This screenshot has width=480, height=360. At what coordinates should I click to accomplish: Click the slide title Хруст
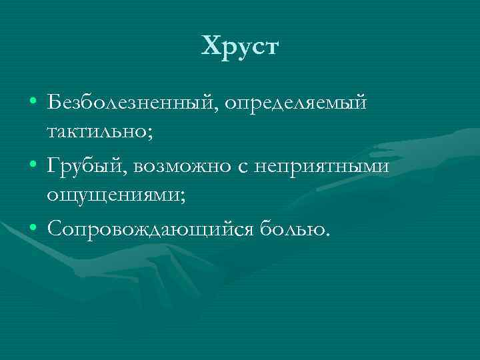pyautogui.click(x=240, y=47)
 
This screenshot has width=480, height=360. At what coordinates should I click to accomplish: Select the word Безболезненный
pyautogui.click(x=132, y=103)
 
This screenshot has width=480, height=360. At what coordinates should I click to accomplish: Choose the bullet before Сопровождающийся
pyautogui.click(x=33, y=229)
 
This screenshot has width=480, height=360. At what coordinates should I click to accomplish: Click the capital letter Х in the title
pyautogui.click(x=210, y=47)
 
